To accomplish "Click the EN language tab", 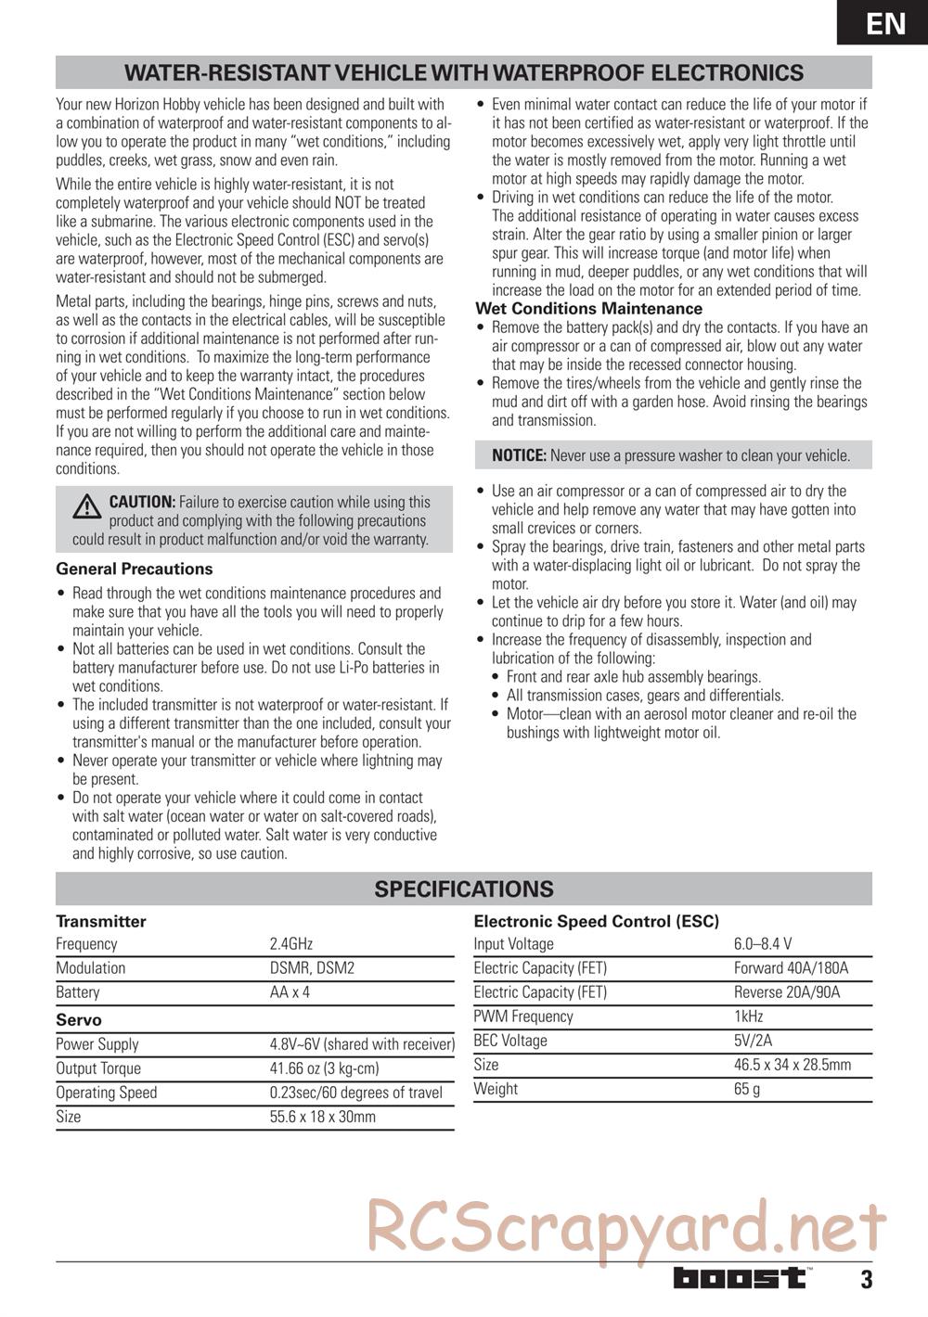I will (x=886, y=22).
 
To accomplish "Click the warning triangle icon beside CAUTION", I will (x=87, y=505).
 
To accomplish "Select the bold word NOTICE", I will (x=519, y=455).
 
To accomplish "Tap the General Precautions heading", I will (x=135, y=569).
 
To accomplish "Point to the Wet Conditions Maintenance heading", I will (x=588, y=308).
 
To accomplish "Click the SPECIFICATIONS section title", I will (x=464, y=889).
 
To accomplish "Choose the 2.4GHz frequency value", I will (x=291, y=943).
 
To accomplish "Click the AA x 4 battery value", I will (x=290, y=991).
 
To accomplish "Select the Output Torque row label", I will (x=98, y=1068).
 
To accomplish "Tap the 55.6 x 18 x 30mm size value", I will (x=323, y=1116).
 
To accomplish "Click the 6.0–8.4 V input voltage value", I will (x=763, y=943).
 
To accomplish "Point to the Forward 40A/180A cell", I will (x=791, y=967).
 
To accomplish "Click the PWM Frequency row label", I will (x=523, y=1016).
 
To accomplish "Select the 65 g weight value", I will (x=747, y=1088).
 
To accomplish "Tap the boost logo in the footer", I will (x=741, y=1278).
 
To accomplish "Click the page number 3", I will (x=866, y=1280).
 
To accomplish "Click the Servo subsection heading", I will (x=79, y=1019).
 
